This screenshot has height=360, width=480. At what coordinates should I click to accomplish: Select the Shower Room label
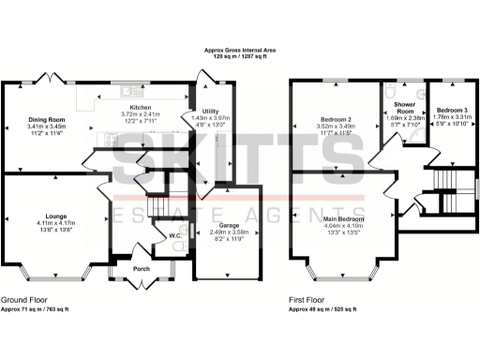tap(404, 107)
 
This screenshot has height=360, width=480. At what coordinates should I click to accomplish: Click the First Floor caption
tap(309, 301)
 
